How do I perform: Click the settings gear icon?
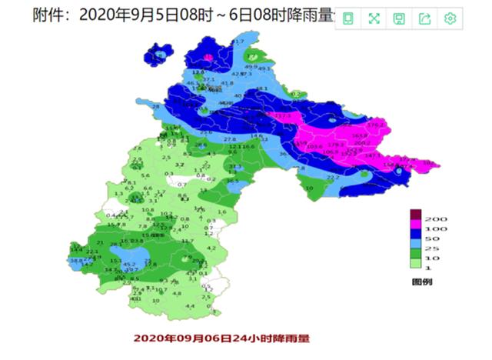point(450,18)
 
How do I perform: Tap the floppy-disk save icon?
point(399,18)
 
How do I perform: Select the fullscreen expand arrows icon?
point(374,18)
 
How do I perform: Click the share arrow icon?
point(425,18)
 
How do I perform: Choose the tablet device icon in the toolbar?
point(348,18)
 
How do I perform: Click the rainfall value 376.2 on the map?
point(376,125)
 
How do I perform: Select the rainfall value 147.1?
point(372,155)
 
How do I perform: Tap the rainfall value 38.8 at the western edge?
point(76,261)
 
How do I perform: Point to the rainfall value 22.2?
point(333,178)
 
